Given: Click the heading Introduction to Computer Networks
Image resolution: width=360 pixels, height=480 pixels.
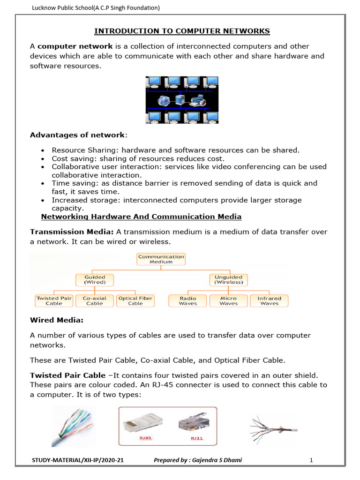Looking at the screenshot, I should pos(182,31).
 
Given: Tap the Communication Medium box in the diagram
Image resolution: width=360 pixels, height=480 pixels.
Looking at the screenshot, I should pos(161,259).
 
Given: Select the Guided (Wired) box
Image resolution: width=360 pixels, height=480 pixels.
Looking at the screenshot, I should pos(95,280).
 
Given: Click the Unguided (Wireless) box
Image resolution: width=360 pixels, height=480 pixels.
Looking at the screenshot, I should pos(228,280).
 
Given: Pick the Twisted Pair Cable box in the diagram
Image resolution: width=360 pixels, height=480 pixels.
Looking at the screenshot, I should pos(54,300).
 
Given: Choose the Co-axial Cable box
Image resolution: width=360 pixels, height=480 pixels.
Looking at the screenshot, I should pos(95,300).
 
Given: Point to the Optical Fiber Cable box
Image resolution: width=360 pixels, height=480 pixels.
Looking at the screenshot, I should pos(135,300).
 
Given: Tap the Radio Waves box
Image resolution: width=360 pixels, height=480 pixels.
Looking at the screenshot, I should pos(187,300).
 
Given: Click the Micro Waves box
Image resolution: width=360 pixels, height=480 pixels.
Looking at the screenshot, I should pos(228,300).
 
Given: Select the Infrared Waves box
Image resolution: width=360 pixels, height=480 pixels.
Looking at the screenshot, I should pos(269,300).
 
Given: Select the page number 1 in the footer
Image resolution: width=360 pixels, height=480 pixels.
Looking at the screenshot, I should pos(311,461).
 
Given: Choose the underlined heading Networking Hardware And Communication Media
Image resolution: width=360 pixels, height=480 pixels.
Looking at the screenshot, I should pos(141,217).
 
